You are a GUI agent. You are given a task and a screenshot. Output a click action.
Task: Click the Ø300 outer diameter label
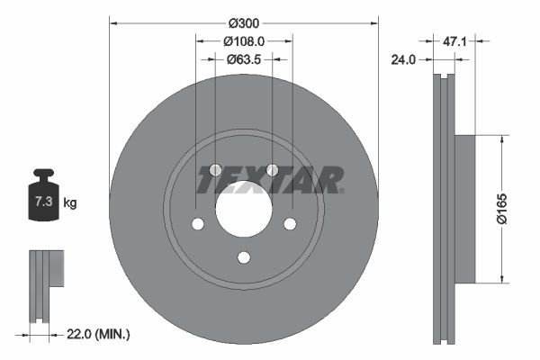244,21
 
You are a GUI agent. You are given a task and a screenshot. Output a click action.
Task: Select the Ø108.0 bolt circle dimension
244,40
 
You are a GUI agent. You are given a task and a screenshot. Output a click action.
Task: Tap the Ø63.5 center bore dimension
243,59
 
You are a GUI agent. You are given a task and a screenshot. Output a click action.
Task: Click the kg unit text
70,203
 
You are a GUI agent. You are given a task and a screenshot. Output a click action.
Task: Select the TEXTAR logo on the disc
270,180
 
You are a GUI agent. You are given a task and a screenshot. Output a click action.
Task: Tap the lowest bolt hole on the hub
243,258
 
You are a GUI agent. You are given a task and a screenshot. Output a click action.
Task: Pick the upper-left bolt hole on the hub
214,171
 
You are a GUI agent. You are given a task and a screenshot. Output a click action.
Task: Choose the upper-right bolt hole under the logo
272,171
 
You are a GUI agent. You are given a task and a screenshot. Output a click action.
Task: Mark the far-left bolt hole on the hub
197,225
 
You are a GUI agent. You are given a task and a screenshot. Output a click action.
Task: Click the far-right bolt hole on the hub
290,225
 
